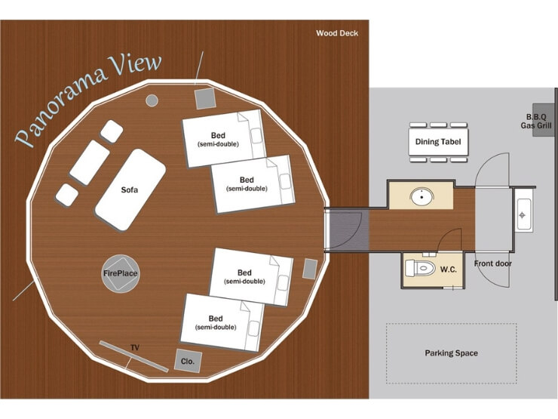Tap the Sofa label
[130, 189]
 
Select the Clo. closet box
[187, 362]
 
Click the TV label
[135, 347]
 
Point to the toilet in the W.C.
[420, 269]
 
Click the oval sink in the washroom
[421, 197]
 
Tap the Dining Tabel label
[438, 141]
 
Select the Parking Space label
[451, 353]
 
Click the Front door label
[493, 263]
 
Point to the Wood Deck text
[337, 33]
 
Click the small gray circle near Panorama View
[152, 100]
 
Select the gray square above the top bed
[205, 98]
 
